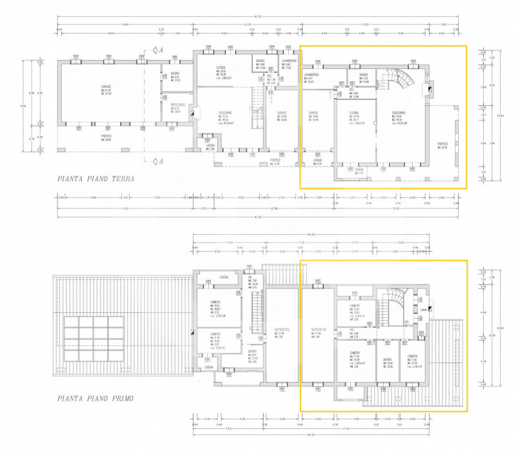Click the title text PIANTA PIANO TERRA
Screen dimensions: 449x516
coord(95,179)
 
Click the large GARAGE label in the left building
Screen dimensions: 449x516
coord(106,88)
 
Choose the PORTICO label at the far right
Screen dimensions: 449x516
coord(442,143)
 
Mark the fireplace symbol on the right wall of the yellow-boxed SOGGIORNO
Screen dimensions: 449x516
coord(426,89)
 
